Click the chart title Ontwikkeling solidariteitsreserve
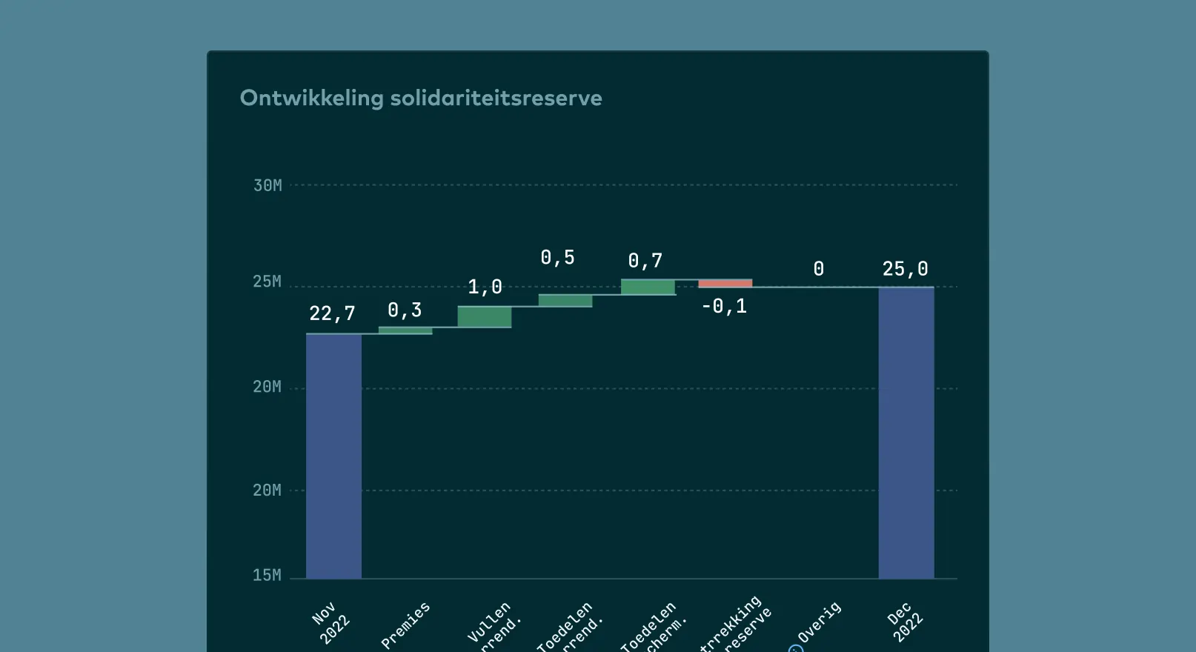coord(420,98)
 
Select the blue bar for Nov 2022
coord(333,456)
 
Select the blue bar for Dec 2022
coord(906,433)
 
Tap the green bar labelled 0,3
coord(405,330)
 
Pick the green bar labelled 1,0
coord(485,316)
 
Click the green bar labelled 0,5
coord(565,300)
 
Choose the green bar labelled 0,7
coord(648,287)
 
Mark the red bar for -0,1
coord(725,283)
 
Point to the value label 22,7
coord(332,314)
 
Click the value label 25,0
coord(905,269)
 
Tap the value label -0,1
coord(724,306)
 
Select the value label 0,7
coord(645,261)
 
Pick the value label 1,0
coord(485,287)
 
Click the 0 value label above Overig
coord(818,269)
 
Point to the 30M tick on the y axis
coord(268,185)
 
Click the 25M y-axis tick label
coord(268,282)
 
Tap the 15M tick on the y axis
coord(268,575)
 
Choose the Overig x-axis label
coord(819,622)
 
